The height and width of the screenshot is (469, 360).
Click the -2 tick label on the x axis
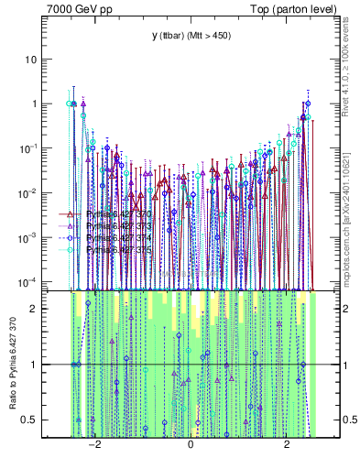[x=93, y=446]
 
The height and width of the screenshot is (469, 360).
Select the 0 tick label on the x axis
[x=190, y=446]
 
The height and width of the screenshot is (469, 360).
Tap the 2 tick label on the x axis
[x=287, y=446]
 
